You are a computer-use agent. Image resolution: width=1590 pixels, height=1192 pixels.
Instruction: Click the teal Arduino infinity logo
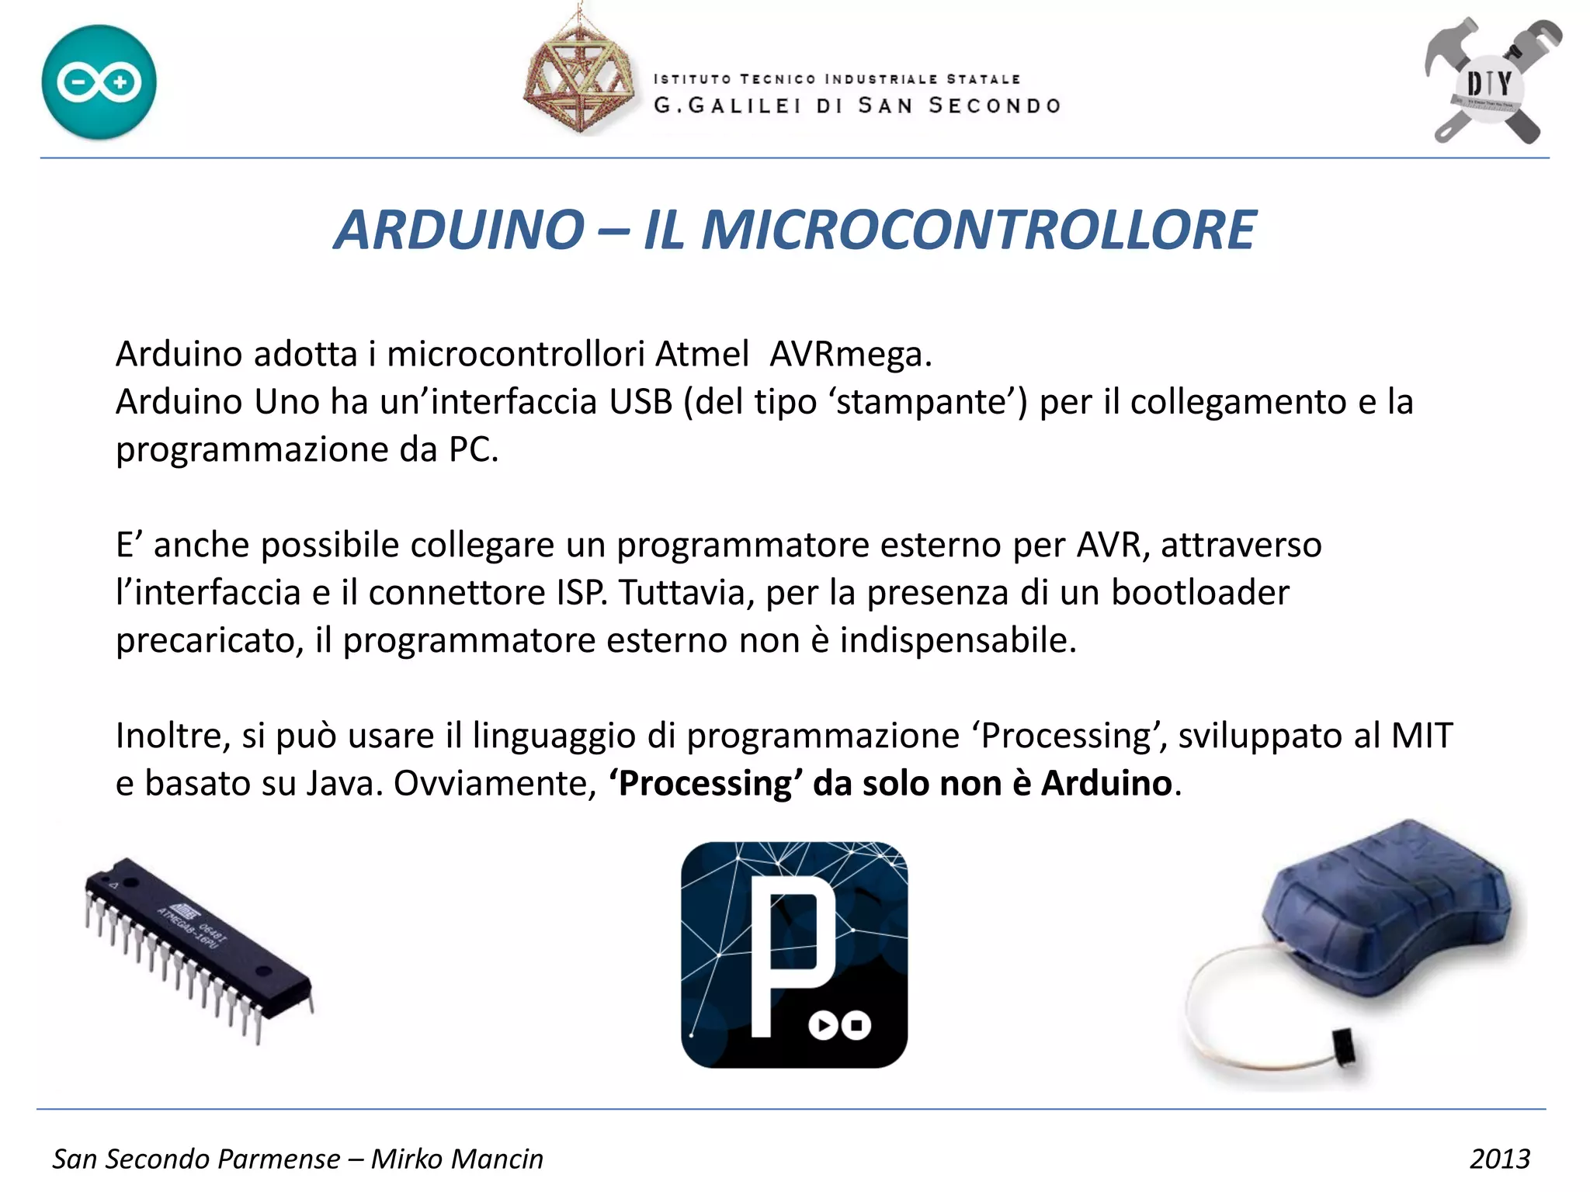[x=99, y=82]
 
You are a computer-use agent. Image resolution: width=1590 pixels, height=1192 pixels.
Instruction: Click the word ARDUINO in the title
[x=459, y=230]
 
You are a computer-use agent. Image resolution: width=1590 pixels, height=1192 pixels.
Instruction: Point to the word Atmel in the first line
[x=702, y=355]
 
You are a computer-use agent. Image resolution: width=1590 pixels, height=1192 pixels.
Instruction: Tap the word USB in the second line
[x=641, y=402]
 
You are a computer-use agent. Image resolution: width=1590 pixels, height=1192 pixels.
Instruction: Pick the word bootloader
[x=1200, y=593]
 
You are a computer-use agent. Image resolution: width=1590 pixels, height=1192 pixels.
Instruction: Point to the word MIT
[x=1422, y=736]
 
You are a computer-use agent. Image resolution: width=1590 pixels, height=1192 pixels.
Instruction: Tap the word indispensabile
[x=958, y=641]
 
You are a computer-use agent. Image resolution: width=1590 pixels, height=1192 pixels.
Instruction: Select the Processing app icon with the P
[x=793, y=955]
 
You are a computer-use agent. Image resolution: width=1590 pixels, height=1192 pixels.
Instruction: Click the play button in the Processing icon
[x=823, y=1025]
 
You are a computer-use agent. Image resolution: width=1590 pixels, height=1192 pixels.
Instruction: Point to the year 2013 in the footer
[x=1499, y=1159]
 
